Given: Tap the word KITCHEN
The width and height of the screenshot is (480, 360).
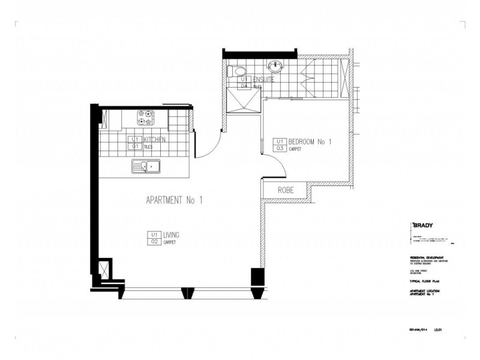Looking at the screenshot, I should [154, 139].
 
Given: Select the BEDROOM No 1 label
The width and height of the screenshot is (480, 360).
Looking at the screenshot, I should [310, 142].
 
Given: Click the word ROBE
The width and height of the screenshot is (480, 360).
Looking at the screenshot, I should [284, 190].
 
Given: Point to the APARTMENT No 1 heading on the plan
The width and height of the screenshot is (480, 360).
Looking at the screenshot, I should [174, 200].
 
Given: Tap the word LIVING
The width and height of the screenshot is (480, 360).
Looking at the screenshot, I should [172, 235].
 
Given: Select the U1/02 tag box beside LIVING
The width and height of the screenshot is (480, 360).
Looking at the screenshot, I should [154, 238].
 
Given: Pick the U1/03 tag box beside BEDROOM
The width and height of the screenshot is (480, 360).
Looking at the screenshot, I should [280, 145].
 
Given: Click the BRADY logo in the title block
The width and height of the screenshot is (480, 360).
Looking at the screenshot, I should [424, 226].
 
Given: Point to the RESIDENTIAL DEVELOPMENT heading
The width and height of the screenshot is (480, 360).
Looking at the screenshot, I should [427, 257].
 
